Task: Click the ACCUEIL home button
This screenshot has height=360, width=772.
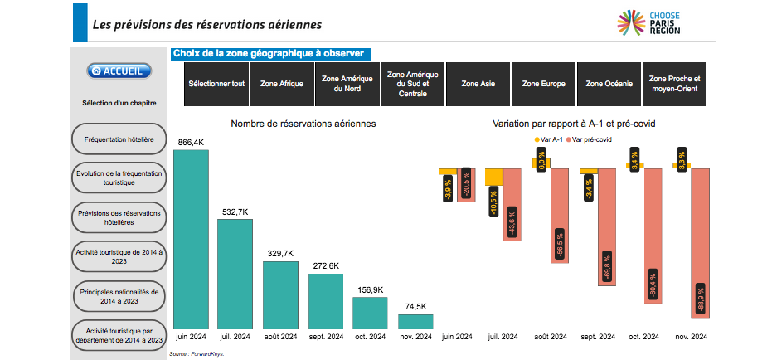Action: pos(119,71)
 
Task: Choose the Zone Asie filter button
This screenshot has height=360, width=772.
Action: pos(478,84)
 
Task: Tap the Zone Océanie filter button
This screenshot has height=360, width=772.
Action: pos(608,84)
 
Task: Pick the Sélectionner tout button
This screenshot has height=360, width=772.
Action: pos(216,84)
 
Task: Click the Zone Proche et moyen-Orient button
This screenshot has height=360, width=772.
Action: pos(674,84)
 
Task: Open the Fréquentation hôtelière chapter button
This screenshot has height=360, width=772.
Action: pos(119,139)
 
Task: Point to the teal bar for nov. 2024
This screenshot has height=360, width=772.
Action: pos(415,321)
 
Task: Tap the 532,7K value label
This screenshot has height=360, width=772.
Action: pos(235,212)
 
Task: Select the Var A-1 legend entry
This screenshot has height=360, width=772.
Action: pos(549,139)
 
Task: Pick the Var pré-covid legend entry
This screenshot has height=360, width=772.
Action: pos(590,139)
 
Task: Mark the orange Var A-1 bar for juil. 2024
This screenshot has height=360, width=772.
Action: pos(494,178)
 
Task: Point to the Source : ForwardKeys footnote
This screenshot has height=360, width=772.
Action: pos(197,353)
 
